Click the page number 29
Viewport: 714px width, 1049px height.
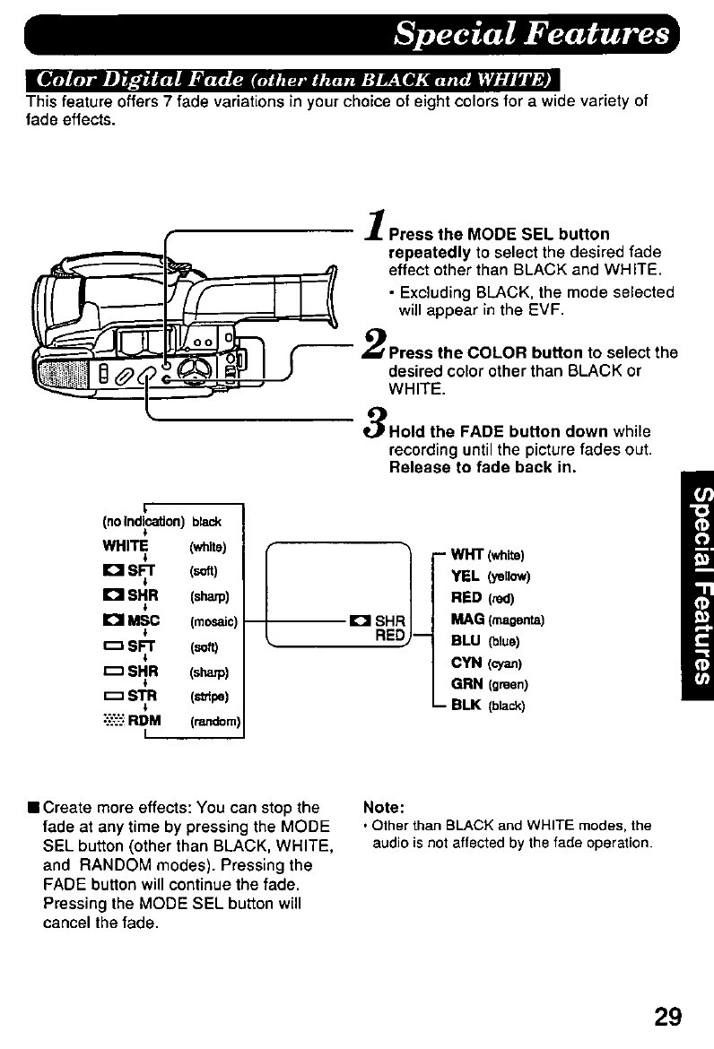(668, 1016)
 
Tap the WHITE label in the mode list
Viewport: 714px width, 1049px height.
(126, 546)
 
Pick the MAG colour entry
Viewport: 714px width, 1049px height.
(467, 619)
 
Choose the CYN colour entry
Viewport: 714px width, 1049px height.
(466, 663)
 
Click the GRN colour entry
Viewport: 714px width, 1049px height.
(466, 684)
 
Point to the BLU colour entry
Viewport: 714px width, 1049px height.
(466, 640)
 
